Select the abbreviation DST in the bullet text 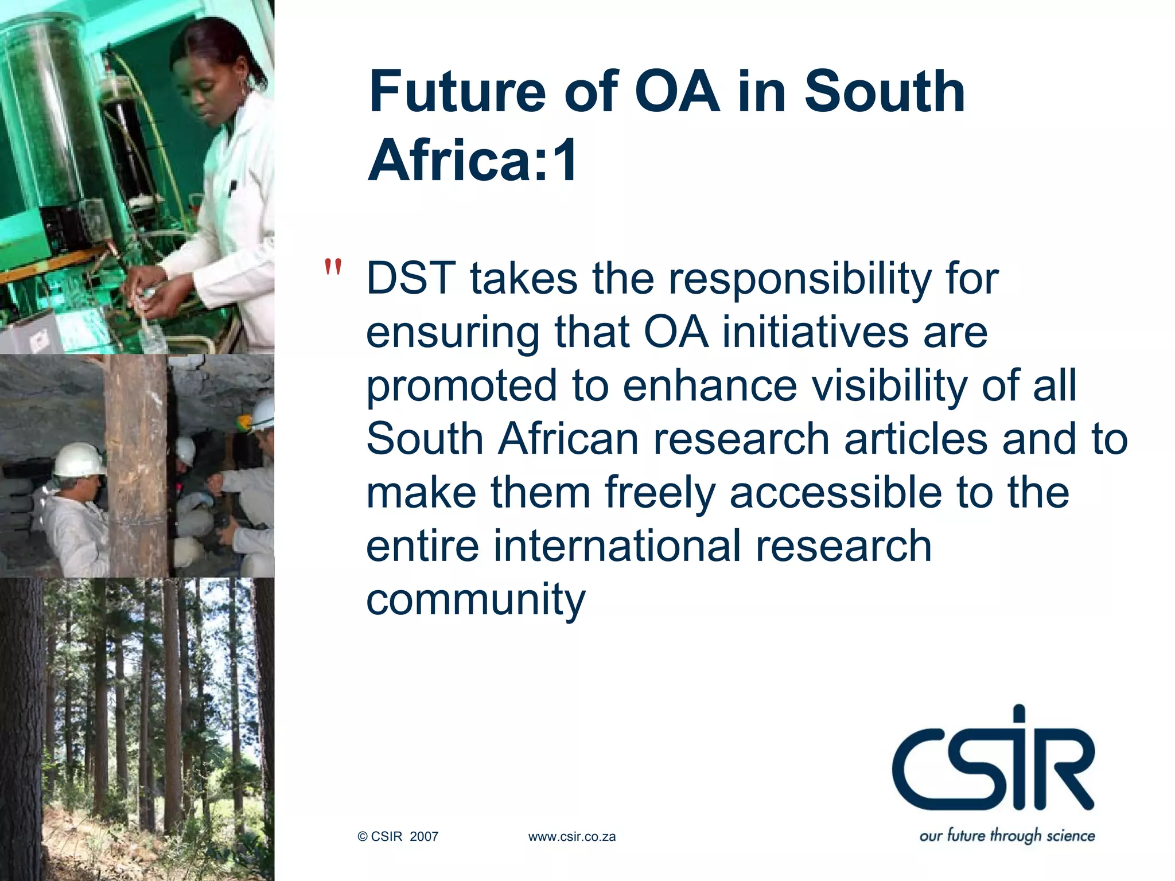[411, 279]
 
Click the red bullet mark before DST [333, 267]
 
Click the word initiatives [815, 333]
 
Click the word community [476, 600]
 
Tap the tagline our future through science [1007, 835]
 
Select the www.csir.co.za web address [571, 837]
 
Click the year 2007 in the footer [424, 837]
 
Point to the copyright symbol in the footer [363, 837]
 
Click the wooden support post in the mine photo [137, 465]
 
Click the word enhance [710, 385]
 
